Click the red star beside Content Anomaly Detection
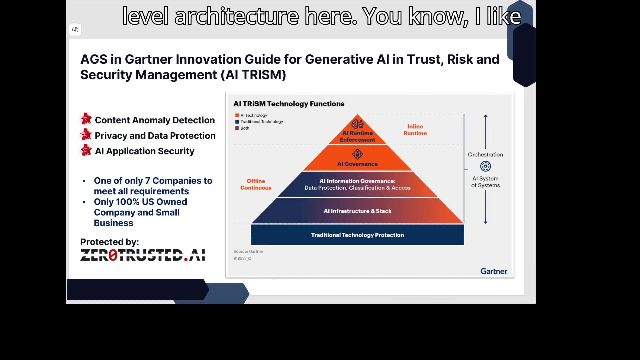86,119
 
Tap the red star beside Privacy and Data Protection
86,134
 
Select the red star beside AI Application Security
86,150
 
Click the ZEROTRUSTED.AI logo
143,255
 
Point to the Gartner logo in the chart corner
494,271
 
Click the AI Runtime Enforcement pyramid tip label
357,136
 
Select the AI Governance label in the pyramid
357,164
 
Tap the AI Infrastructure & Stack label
357,211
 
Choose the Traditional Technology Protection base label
357,235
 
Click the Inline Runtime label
415,130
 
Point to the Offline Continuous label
256,184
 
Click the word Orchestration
485,155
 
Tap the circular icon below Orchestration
485,166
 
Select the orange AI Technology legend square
237,115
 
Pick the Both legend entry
242,128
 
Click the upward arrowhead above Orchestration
486,116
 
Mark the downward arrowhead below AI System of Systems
486,222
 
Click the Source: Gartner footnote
248,252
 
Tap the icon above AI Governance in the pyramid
357,154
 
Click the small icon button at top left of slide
75,30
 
